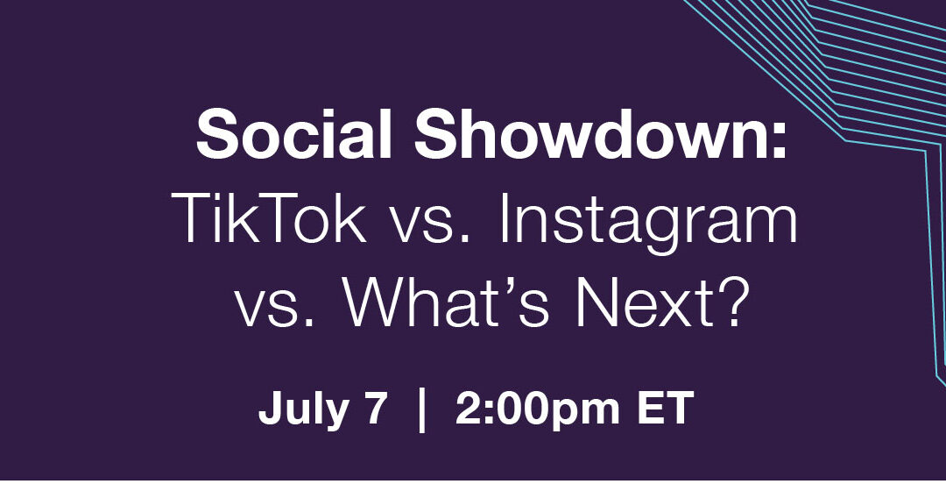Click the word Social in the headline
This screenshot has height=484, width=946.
click(294, 134)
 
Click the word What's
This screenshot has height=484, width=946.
click(445, 302)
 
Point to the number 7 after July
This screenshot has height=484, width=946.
click(373, 409)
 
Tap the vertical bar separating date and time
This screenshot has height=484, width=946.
click(421, 411)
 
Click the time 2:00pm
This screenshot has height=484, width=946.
click(538, 411)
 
